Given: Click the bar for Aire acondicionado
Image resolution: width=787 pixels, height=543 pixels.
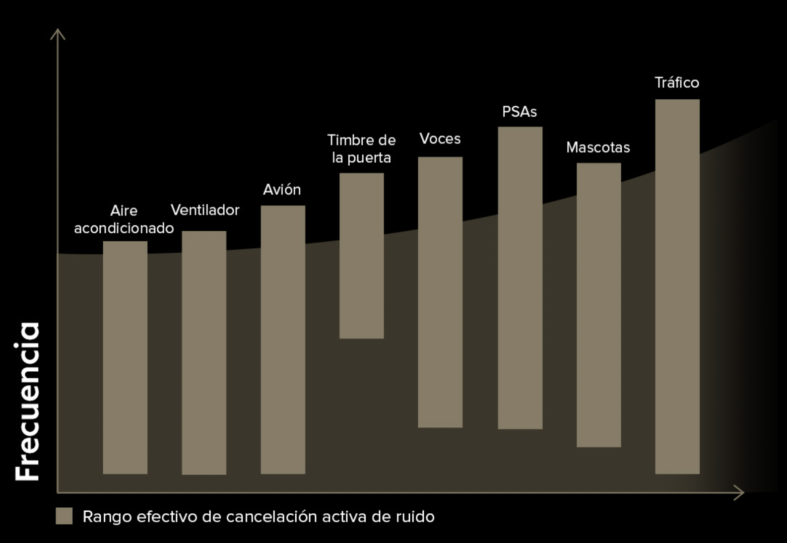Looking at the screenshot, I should coord(125,357).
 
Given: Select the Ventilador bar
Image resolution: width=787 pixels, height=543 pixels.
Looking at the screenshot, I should coord(204,352).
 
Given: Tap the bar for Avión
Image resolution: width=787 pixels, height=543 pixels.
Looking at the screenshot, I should coord(283,339).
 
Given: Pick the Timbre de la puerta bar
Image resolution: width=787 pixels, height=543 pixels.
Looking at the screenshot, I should coord(361,256).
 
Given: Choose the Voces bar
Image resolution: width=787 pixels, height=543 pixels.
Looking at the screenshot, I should coord(440,292).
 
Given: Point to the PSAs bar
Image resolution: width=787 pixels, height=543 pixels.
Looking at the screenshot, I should coord(520,277).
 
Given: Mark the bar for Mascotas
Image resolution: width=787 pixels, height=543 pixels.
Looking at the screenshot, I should coord(598,305).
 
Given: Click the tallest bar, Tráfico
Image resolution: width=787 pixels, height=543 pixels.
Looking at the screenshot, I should coord(677,286).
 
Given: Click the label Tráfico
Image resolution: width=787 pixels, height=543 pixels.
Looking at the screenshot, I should coord(677,82).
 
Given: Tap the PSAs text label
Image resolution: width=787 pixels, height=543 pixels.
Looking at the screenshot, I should coord(520,112).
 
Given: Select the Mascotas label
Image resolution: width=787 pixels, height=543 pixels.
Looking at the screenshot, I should coord(598,147).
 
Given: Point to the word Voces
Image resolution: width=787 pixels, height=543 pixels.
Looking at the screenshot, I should coord(440,138).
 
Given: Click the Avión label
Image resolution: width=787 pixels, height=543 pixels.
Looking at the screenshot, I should coord(282,190).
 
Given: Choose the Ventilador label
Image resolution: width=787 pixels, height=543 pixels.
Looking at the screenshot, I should coord(205,210).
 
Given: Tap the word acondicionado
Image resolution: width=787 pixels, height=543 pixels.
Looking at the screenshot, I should coord(124,228).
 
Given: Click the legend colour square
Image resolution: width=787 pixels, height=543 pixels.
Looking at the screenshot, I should coord(64,516).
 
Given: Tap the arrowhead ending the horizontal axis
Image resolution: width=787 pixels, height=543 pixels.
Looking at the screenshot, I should coord(740,493).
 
